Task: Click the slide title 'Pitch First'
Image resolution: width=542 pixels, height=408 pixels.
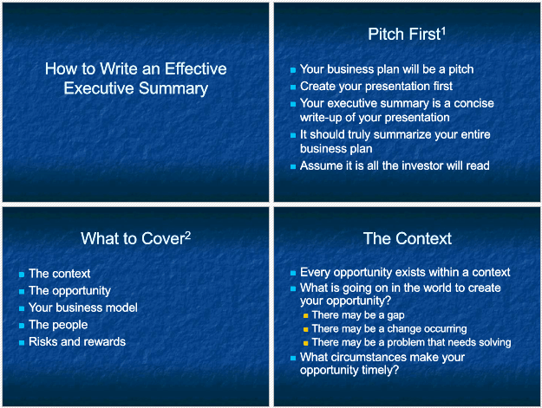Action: point(404,35)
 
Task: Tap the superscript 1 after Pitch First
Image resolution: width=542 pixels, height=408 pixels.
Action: point(443,32)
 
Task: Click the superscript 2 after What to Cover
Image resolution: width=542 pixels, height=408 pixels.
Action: point(187,236)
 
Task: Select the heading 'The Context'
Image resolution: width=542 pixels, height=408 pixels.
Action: point(408,238)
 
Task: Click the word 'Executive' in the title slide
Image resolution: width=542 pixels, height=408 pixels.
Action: point(99,88)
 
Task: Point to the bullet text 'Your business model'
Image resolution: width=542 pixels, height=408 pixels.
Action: point(83,308)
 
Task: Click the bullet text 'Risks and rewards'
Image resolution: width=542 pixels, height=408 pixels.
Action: point(77,341)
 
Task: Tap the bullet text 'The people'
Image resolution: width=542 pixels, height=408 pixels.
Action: point(58,325)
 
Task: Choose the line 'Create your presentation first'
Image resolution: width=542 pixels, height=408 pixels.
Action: point(376,87)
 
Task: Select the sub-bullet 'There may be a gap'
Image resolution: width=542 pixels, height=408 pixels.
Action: point(358,315)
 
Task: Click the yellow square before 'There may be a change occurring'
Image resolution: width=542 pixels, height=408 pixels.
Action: point(305,330)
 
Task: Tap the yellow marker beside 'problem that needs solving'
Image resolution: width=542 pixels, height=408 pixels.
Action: point(305,343)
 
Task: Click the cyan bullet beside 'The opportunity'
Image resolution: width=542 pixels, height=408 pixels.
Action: point(22,292)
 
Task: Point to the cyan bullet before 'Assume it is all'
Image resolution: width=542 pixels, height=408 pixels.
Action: point(293,166)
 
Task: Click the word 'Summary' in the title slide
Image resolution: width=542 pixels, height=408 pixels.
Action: point(173,88)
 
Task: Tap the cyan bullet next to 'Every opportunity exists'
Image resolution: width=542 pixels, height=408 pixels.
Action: point(293,274)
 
